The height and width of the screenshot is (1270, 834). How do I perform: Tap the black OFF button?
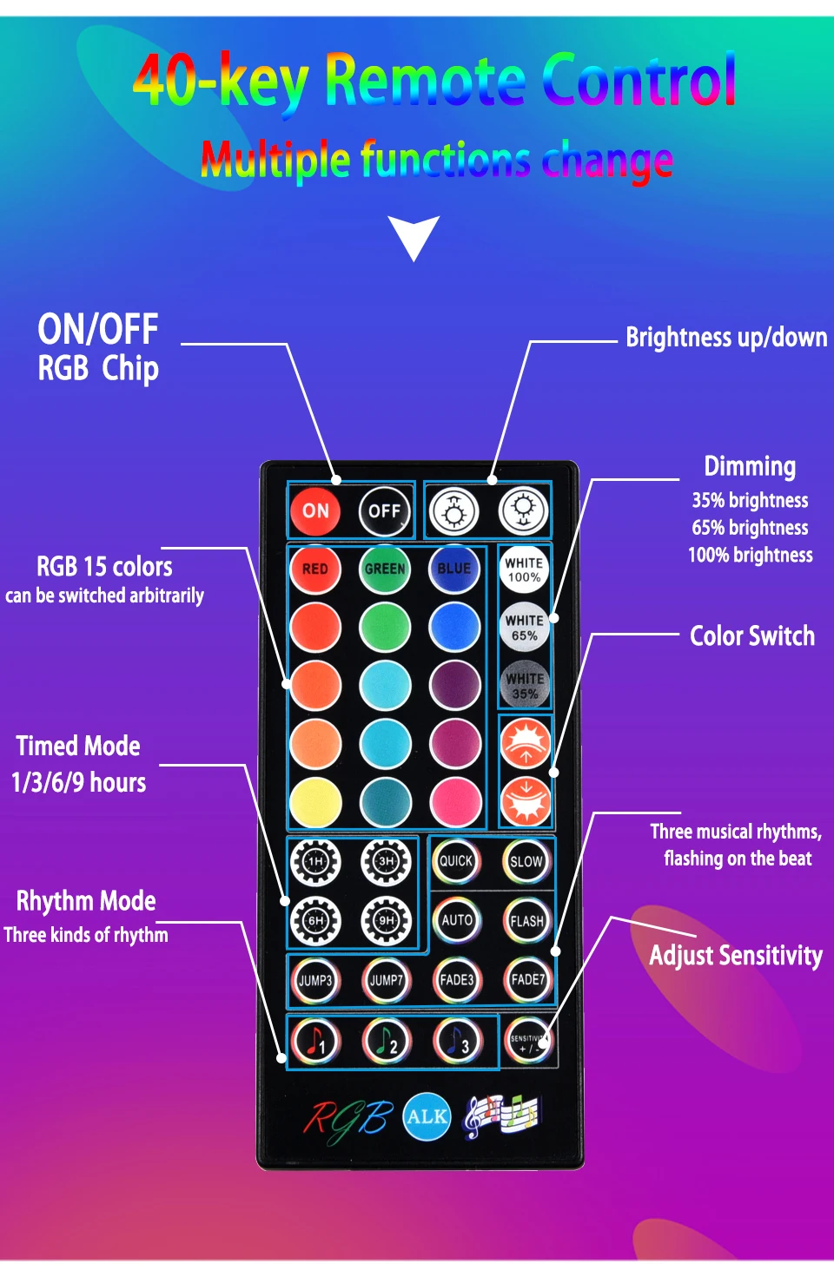(384, 511)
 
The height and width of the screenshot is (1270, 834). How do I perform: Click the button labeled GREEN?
(385, 569)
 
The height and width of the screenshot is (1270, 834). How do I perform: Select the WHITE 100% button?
(524, 569)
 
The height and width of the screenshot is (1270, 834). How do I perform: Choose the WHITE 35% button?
(524, 686)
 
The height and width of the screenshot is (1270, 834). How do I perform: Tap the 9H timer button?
(386, 920)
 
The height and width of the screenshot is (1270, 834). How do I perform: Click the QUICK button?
(456, 861)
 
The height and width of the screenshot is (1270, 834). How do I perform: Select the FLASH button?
(526, 920)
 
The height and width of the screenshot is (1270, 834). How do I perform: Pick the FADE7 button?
(527, 980)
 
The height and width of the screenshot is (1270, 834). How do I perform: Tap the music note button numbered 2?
(386, 1040)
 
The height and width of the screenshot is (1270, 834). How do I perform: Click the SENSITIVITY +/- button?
(527, 1040)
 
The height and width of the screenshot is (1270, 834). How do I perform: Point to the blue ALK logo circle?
(427, 1116)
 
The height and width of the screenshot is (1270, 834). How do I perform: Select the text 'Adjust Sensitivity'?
(735, 956)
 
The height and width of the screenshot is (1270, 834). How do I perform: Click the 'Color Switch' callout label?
(751, 636)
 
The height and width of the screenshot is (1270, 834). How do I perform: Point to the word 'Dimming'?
(749, 467)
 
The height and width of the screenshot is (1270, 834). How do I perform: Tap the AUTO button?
(456, 920)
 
